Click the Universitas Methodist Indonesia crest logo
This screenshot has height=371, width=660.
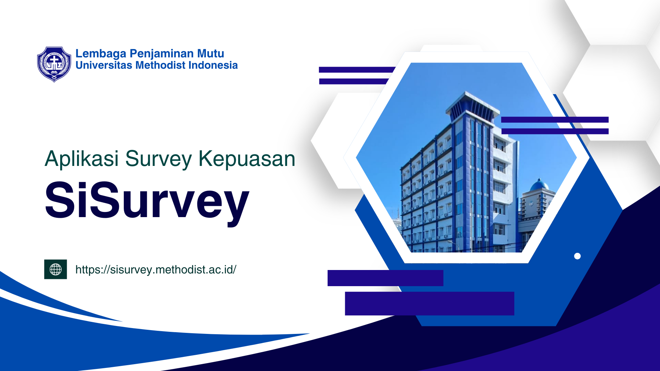[x=54, y=65]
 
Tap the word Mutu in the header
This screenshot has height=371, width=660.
[x=210, y=54]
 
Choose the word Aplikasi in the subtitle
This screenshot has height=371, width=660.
[x=82, y=159]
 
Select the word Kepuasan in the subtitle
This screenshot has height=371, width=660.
[x=247, y=159]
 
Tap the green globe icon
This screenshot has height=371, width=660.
[x=56, y=269]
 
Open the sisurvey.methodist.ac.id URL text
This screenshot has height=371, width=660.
[x=156, y=270]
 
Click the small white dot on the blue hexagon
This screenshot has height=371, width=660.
[x=577, y=256]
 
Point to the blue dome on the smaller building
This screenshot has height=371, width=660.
[x=539, y=185]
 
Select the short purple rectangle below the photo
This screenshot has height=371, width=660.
[x=385, y=278]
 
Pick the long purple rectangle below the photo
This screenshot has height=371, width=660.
[x=430, y=303]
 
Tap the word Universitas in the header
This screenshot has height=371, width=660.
[x=104, y=65]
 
